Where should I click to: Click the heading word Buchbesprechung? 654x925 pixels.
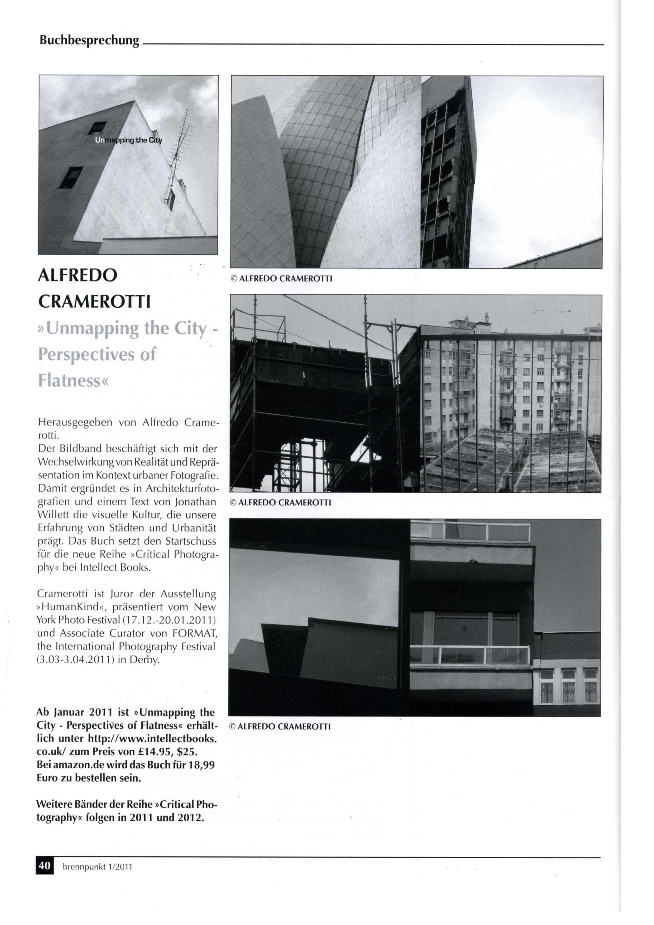click(x=89, y=41)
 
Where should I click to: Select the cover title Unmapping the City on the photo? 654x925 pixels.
click(x=128, y=140)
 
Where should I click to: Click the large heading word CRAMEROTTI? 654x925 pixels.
click(x=94, y=302)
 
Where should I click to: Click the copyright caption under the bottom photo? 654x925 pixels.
click(x=280, y=727)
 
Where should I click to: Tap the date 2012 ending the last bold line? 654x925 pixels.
click(x=189, y=818)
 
